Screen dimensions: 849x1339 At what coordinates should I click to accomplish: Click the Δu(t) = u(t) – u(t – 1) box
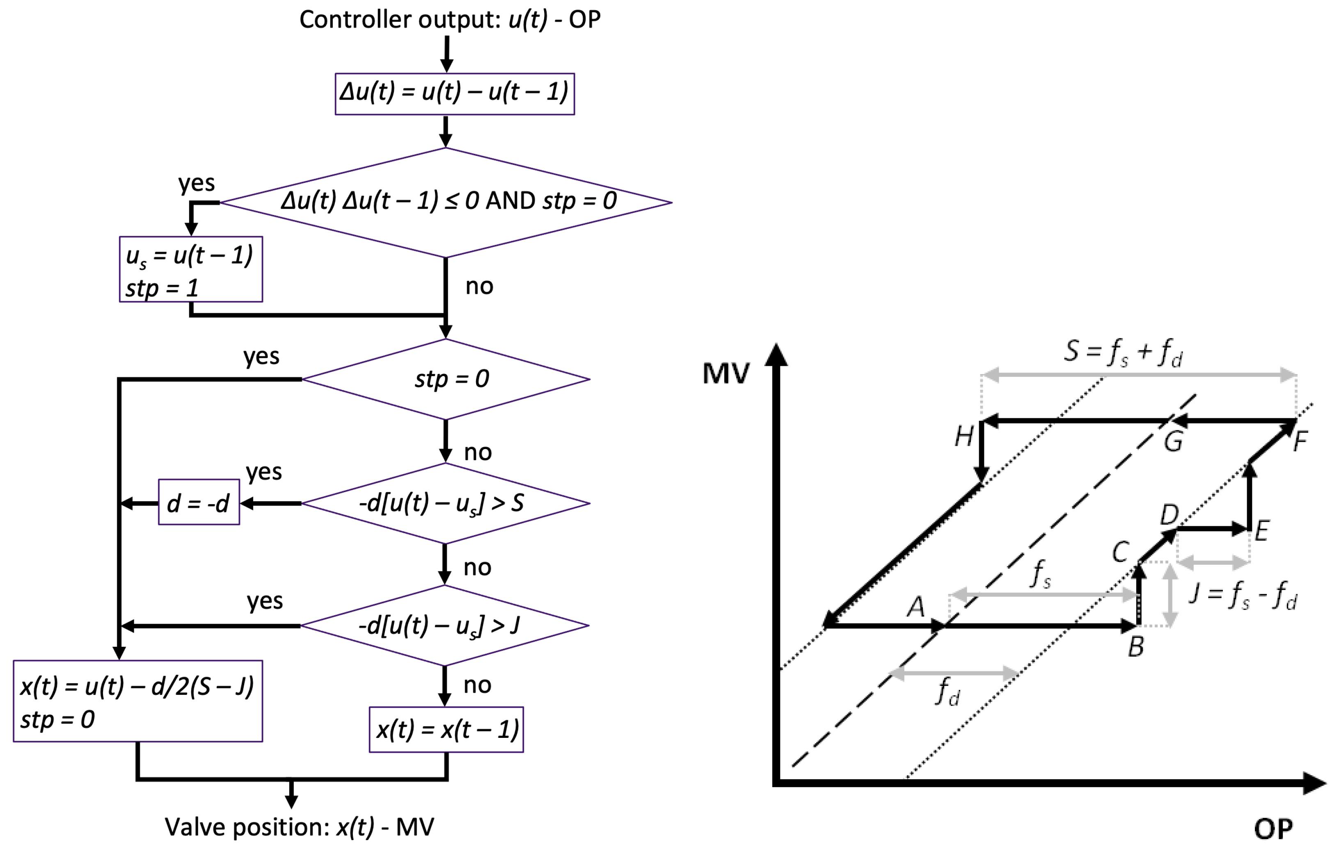point(454,94)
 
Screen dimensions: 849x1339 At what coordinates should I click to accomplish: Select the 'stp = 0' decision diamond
point(445,379)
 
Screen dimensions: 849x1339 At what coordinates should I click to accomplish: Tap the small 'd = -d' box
point(199,502)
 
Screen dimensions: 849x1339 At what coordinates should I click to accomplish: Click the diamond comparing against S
point(445,503)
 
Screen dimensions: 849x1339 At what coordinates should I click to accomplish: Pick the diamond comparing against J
point(444,625)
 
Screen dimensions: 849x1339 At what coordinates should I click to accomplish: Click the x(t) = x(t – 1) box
point(446,729)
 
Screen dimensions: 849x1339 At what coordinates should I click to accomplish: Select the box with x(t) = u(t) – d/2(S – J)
point(137,701)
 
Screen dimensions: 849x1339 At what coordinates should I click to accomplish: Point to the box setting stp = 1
point(191,269)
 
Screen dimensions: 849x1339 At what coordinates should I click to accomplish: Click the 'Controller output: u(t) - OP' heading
point(449,19)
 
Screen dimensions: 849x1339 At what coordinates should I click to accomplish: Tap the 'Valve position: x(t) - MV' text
point(299,827)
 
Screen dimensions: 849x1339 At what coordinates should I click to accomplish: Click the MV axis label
point(726,373)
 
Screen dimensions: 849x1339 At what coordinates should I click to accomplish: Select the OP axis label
point(1273,829)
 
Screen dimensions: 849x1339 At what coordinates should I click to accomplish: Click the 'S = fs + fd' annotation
point(1123,352)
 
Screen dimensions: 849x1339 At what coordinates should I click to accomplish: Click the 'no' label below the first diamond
point(479,287)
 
